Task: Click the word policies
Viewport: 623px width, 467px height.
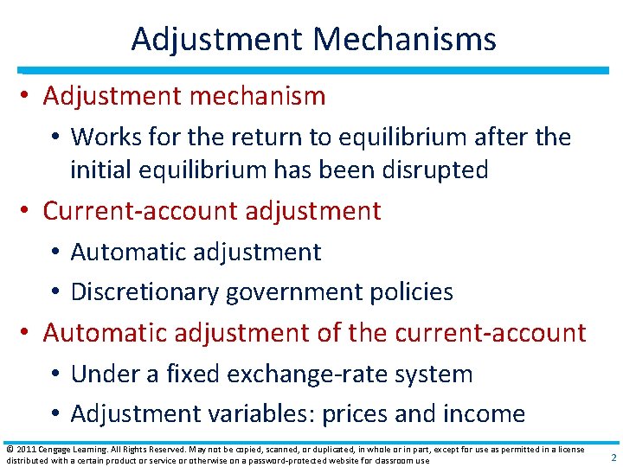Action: (x=409, y=292)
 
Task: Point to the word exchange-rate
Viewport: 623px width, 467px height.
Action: (x=303, y=374)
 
